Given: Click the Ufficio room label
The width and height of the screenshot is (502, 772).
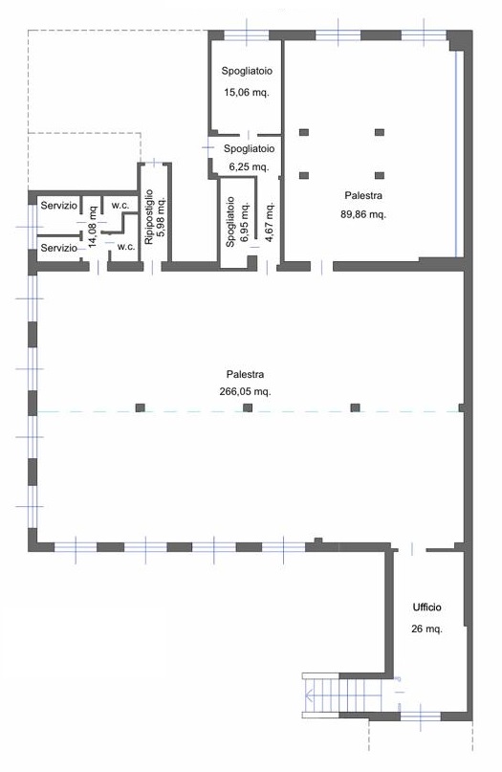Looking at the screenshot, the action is [x=426, y=607].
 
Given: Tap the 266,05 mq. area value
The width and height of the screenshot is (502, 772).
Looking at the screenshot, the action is [x=245, y=392].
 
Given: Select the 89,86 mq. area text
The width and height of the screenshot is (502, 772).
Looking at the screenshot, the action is [x=363, y=214].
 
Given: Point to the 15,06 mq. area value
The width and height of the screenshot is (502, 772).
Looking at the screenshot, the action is [x=247, y=92].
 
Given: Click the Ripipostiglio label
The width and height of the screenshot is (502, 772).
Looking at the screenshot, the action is [x=149, y=216].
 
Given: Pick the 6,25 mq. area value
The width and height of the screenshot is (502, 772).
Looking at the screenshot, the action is [x=249, y=166].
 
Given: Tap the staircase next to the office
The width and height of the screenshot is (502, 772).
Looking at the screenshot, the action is [x=343, y=695].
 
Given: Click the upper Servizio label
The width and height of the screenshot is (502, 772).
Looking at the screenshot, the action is [x=59, y=206].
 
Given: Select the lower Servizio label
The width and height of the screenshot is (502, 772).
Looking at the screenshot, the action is [x=59, y=248].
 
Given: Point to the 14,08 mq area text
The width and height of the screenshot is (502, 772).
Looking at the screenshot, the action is [x=93, y=226].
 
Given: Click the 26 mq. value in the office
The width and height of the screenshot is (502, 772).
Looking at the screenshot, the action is [x=426, y=629].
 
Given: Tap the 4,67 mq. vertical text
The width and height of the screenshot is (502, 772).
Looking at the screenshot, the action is [x=270, y=222].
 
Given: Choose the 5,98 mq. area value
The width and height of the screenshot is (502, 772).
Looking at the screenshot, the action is [x=161, y=216].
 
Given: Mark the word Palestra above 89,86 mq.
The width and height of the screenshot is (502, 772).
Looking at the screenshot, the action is [x=363, y=195].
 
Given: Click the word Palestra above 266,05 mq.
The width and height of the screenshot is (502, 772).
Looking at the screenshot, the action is [x=245, y=374].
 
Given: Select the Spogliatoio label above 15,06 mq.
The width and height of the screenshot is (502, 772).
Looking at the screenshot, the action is [x=247, y=71].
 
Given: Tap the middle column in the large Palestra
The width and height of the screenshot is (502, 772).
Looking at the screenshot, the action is [x=248, y=408].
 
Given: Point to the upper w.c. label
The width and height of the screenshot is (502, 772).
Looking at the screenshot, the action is [x=120, y=206].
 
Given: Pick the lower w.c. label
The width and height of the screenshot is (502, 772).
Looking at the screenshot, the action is [x=126, y=247].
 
